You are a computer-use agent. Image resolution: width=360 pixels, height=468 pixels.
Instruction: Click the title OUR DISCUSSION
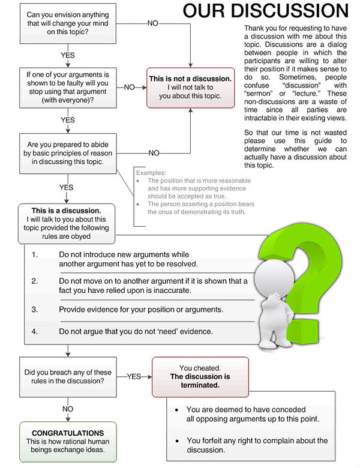coord(265,12)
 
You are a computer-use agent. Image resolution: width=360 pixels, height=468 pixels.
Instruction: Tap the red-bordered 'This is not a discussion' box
coord(190,87)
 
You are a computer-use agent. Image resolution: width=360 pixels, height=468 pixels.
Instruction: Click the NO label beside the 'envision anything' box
coord(153,22)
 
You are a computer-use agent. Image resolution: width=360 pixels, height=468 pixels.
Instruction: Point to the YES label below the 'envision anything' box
coord(68,55)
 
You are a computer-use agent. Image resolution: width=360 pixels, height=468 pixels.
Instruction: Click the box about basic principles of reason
coord(67,149)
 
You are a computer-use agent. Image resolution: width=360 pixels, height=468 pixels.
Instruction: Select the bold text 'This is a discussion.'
coord(67,211)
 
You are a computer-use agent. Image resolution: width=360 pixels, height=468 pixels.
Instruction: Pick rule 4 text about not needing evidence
coord(135,331)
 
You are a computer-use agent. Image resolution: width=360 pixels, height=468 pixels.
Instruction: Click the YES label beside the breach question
coord(134,376)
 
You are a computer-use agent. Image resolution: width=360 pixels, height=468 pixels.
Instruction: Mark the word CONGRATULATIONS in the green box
coord(67,433)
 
